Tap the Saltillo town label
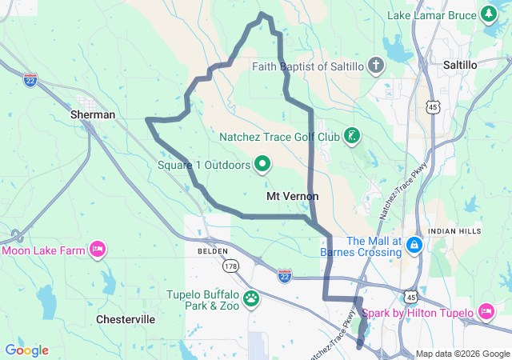coord(460,64)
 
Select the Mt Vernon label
coord(292,196)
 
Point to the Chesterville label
coord(126,318)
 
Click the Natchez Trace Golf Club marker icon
coord(351,135)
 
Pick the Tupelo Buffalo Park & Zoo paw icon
coord(252,299)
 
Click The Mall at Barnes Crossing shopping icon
coord(414,242)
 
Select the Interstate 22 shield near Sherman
coord(30,81)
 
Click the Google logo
coord(26,350)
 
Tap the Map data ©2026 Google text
coord(462,354)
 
